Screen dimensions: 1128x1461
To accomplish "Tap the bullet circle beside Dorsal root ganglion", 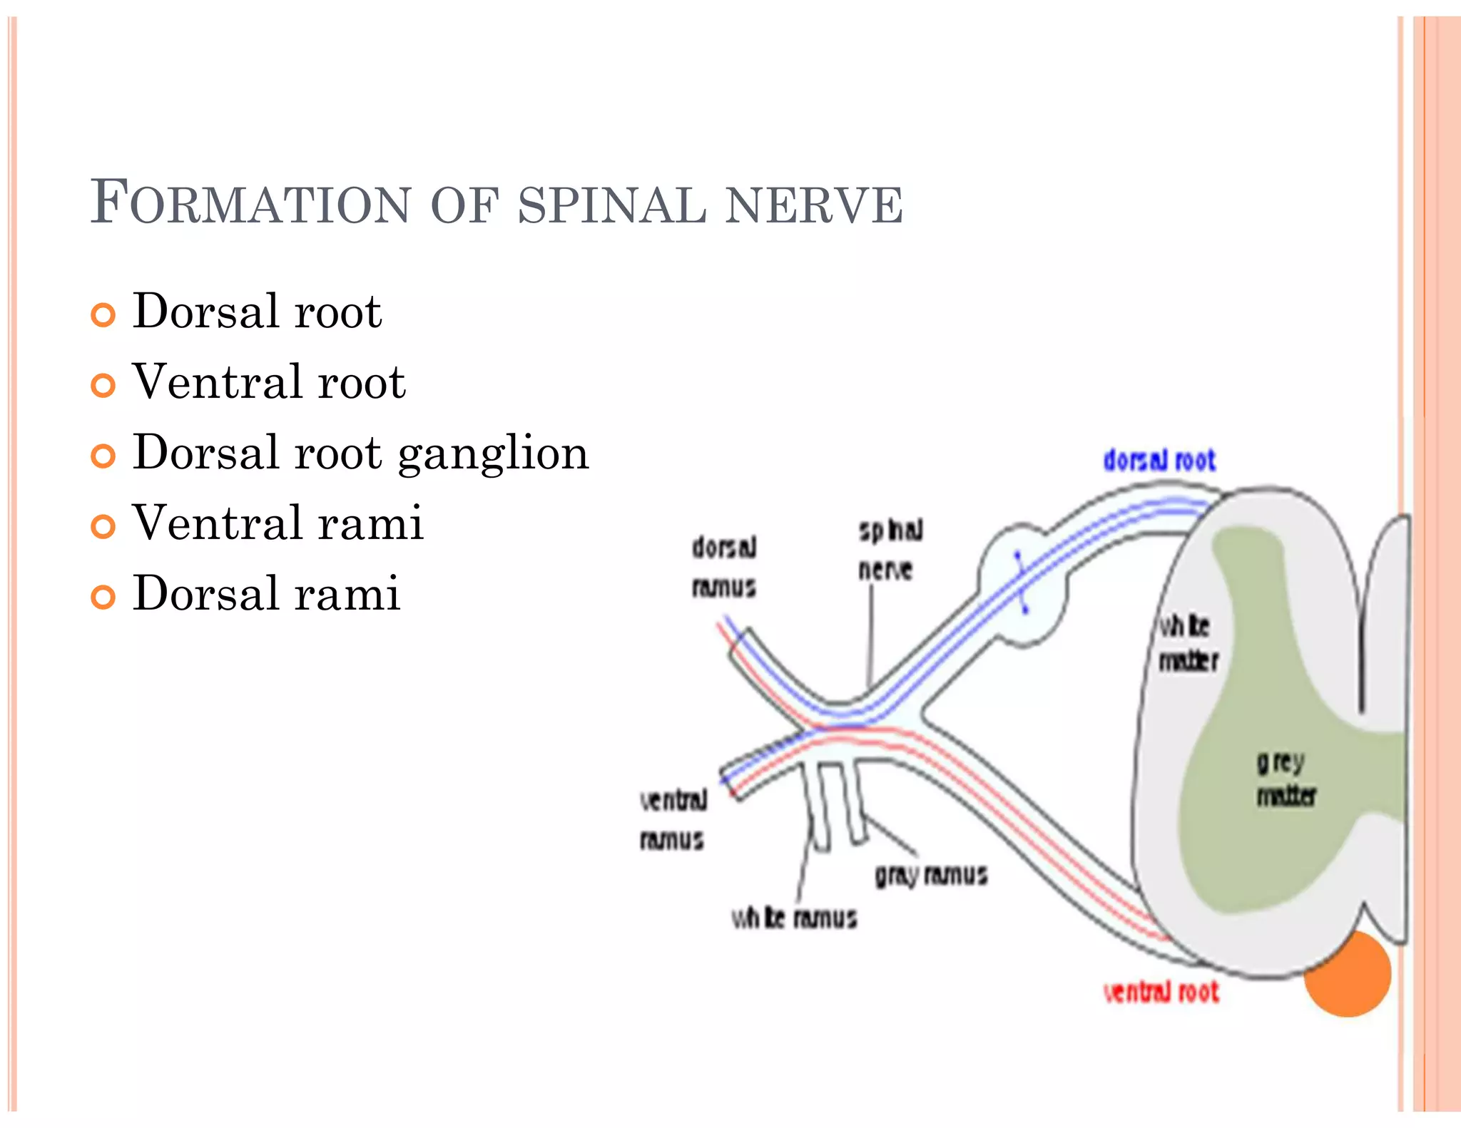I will (103, 456).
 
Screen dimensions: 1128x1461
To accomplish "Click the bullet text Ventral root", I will (269, 381).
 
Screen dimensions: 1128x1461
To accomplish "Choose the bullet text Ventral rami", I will (278, 523).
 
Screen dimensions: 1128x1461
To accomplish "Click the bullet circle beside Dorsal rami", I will (103, 596).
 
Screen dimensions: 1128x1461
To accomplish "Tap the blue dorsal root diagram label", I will (1159, 461).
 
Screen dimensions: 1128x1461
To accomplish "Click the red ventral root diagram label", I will (1161, 992).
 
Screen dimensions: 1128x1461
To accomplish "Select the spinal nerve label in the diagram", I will (889, 549).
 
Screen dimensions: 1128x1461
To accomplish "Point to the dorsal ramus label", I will (723, 568).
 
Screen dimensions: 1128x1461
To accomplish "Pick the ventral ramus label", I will (673, 820).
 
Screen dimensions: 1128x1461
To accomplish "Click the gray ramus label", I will (930, 875).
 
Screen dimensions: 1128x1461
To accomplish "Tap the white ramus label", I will (793, 918).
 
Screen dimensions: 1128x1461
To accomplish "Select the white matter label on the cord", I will (1186, 643).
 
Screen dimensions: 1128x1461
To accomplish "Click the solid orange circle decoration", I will (1347, 974).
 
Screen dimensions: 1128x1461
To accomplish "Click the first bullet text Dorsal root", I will (257, 312).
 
